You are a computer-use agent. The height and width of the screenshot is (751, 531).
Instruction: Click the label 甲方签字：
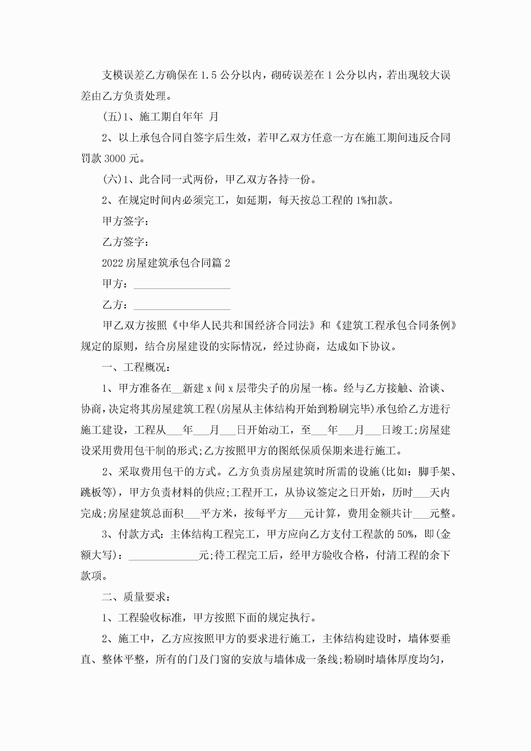[126, 221]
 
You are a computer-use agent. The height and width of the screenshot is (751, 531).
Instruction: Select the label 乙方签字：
[126, 242]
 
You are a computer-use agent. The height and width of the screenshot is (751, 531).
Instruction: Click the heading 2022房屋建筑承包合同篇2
[166, 263]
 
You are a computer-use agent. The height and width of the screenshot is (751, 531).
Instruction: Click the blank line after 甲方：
[182, 285]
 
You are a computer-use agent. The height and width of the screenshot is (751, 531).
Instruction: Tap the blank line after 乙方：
[182, 305]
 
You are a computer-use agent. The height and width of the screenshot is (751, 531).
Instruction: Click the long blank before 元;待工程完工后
[164, 555]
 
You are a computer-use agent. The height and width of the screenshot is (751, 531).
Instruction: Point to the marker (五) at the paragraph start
[112, 117]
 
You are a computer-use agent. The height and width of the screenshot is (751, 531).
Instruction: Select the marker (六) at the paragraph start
[112, 179]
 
